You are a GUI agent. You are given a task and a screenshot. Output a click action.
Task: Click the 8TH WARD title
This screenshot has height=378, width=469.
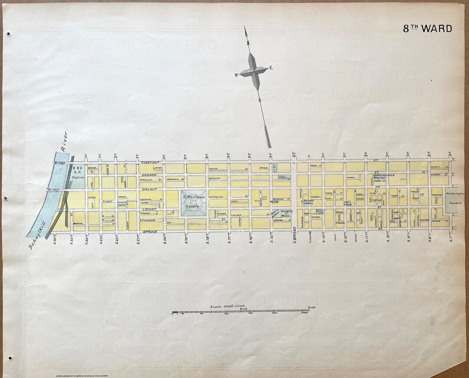[x=427, y=29]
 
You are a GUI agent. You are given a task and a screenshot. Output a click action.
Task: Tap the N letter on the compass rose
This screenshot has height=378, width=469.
[x=248, y=43]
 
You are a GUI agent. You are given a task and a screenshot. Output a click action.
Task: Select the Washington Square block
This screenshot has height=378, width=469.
[x=455, y=200]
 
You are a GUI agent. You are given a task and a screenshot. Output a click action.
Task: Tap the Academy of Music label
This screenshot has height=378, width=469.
[x=286, y=213]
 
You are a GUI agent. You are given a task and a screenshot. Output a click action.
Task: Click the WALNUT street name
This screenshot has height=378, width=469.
[x=149, y=189]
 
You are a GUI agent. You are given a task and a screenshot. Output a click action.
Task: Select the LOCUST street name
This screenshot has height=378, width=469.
[x=149, y=209]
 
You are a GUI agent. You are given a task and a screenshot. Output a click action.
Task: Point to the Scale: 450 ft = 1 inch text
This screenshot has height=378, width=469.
[x=228, y=306]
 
